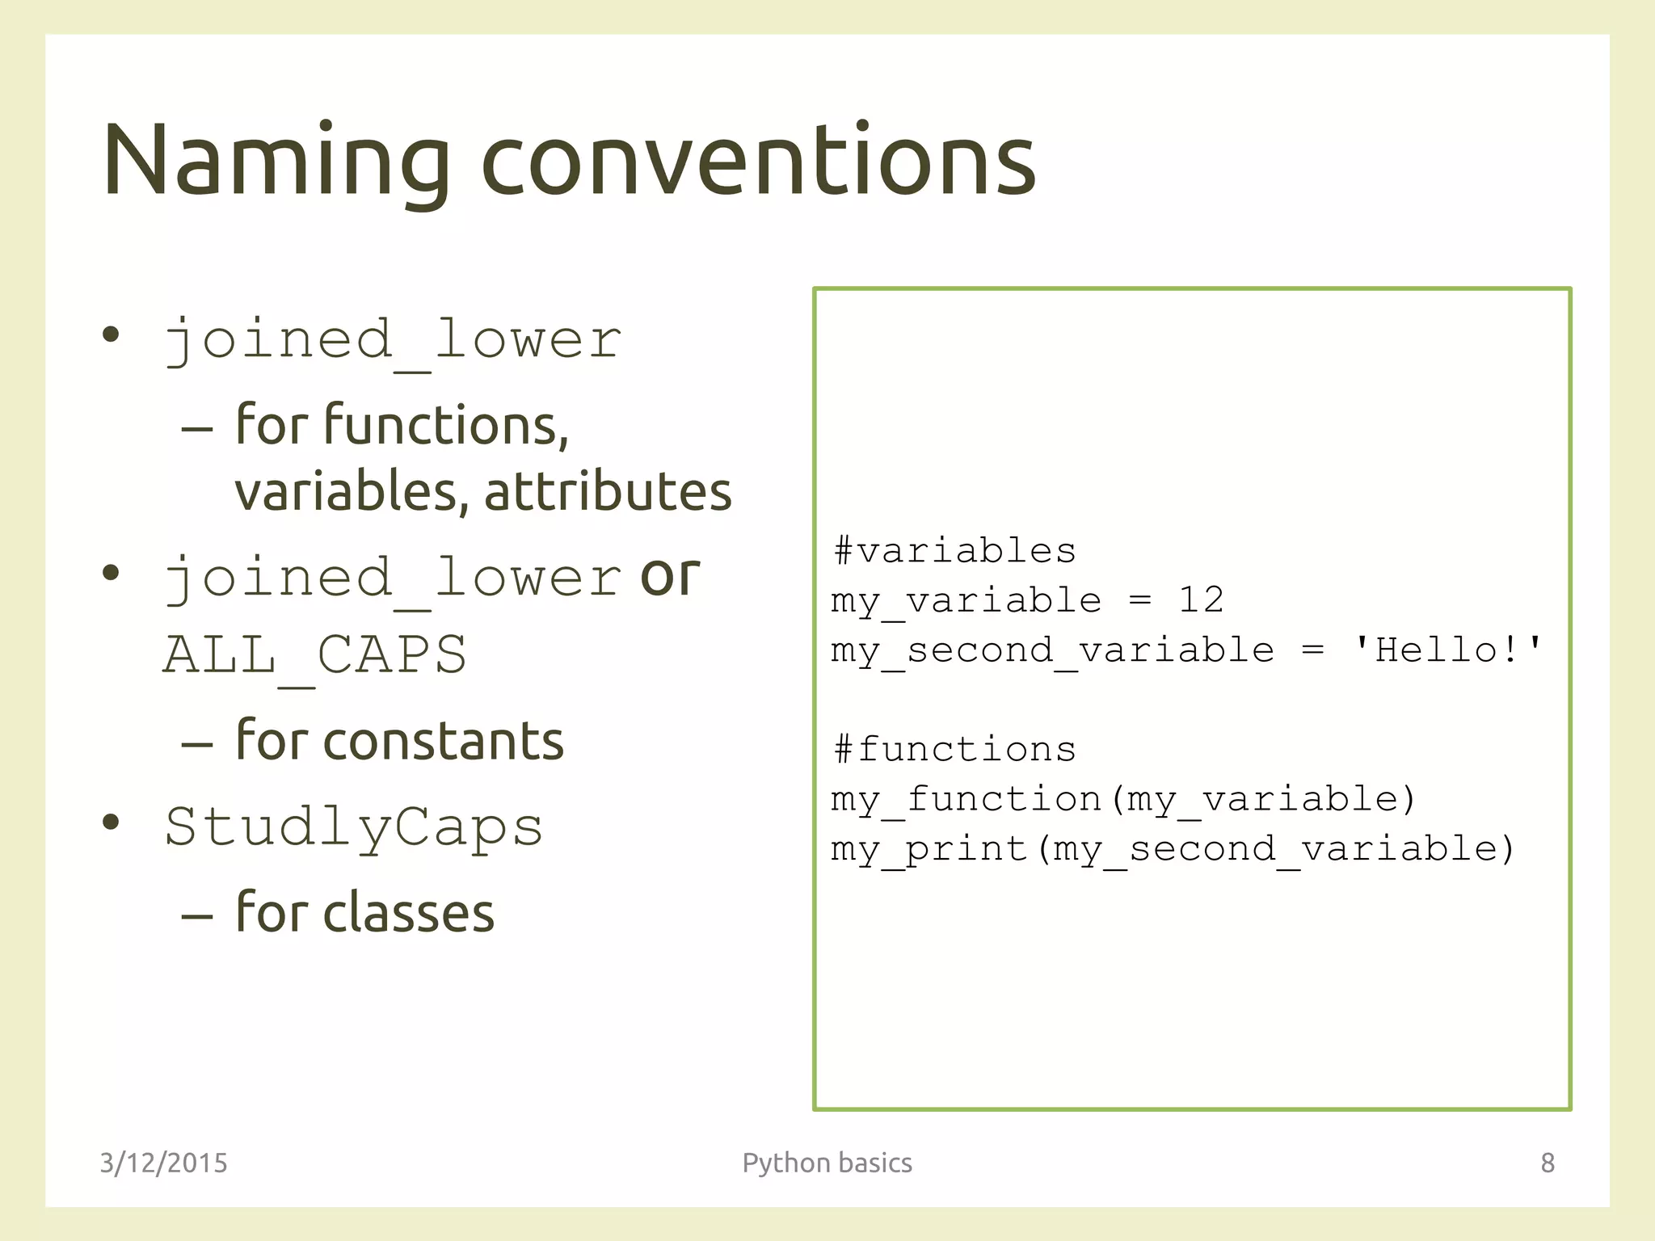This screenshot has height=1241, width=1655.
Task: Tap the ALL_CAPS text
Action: pos(315,654)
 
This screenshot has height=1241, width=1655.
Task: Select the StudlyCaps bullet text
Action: pos(354,827)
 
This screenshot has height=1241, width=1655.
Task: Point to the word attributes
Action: pos(608,491)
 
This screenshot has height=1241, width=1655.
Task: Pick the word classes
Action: pos(408,913)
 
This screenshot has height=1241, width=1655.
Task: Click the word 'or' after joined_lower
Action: pos(669,575)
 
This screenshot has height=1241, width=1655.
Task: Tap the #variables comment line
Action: pos(954,551)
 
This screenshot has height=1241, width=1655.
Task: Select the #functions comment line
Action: pos(954,750)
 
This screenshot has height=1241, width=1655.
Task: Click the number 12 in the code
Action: pos(1201,600)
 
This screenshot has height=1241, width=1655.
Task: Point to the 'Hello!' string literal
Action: pos(1447,650)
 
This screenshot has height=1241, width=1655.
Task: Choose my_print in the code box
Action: pos(929,849)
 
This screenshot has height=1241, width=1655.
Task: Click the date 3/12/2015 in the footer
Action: pos(163,1163)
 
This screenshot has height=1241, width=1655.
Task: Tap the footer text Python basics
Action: pos(827,1163)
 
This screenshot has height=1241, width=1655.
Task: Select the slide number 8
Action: pos(1547,1163)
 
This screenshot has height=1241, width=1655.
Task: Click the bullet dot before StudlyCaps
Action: pos(111,822)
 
